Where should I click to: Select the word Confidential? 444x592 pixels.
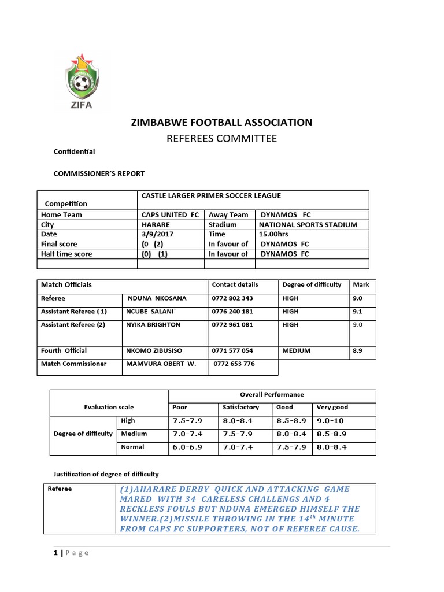pyautogui.click(x=74, y=151)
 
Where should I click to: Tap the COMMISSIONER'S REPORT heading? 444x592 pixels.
pyautogui.click(x=99, y=173)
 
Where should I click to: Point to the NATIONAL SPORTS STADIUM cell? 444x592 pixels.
pyautogui.click(x=308, y=224)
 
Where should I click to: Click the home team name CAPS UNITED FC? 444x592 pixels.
pyautogui.click(x=166, y=214)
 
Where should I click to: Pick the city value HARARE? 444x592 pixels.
pyautogui.click(x=156, y=224)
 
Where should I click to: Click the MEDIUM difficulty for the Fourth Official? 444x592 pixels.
pyautogui.click(x=296, y=350)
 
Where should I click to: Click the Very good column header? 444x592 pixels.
pyautogui.click(x=332, y=407)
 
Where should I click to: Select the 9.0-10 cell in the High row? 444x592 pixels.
pyautogui.click(x=330, y=421)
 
